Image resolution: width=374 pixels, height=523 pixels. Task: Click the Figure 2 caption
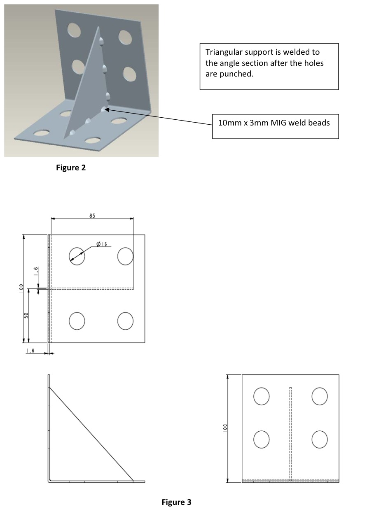(71, 167)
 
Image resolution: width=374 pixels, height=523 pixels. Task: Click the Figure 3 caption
(176, 502)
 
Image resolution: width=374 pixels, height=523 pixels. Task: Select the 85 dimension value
(92, 215)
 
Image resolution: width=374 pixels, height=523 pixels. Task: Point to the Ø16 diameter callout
(101, 244)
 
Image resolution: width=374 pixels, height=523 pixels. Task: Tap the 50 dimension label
(26, 315)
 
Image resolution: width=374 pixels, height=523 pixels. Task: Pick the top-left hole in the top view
(77, 256)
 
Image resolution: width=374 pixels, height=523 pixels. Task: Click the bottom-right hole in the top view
(125, 321)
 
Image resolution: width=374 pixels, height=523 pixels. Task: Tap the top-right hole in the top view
(125, 256)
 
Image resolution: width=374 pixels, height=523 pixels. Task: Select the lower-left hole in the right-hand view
(262, 439)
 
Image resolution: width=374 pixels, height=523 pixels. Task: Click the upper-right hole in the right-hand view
(320, 397)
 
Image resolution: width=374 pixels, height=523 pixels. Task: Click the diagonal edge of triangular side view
(91, 434)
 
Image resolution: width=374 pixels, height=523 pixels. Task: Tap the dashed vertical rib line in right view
(290, 432)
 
